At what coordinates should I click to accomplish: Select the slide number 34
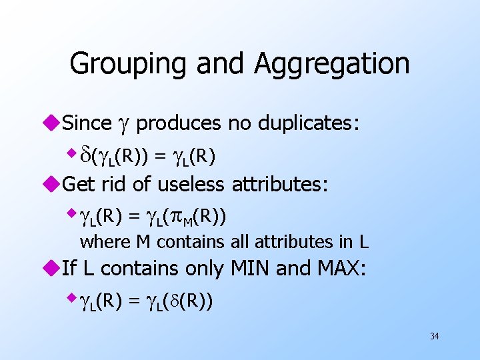click(x=434, y=336)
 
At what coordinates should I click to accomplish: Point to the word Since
click(x=87, y=123)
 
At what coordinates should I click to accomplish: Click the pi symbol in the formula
click(x=173, y=216)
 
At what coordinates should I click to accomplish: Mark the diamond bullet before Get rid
click(x=54, y=183)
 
